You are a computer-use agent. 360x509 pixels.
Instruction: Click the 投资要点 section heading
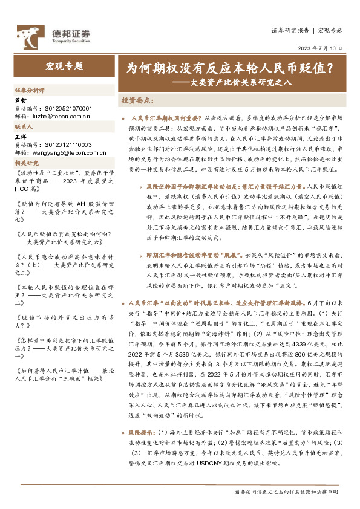pos(138,100)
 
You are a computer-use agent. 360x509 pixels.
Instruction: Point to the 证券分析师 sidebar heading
pos(30,89)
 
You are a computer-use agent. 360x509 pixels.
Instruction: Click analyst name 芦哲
pos(20,100)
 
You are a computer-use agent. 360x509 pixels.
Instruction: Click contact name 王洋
pos(20,138)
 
